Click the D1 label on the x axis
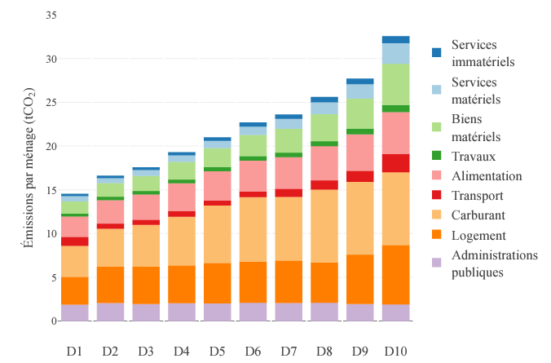click(x=75, y=352)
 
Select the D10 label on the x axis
click(x=396, y=352)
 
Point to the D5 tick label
click(x=218, y=352)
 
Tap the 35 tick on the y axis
click(x=51, y=15)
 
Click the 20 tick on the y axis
click(x=51, y=147)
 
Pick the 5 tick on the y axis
click(x=54, y=277)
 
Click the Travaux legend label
click(x=476, y=156)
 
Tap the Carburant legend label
click(x=480, y=216)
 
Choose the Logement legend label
click(x=479, y=236)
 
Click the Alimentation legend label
click(x=487, y=176)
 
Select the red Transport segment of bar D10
click(x=396, y=163)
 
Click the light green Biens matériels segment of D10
click(x=396, y=84)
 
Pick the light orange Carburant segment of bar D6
click(x=253, y=229)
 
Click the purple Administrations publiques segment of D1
click(x=75, y=312)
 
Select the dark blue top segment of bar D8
click(x=324, y=100)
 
